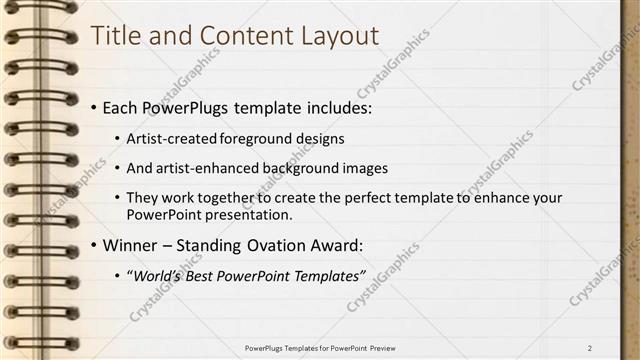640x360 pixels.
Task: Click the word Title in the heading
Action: (115, 36)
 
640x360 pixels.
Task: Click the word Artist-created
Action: (173, 138)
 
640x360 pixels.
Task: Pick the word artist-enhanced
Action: (210, 168)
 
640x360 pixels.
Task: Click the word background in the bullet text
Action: (306, 168)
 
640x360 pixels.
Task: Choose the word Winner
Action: (130, 245)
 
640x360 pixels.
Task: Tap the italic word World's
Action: (159, 275)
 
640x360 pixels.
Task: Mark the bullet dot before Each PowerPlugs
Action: (94, 107)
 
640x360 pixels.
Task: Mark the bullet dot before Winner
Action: (94, 245)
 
